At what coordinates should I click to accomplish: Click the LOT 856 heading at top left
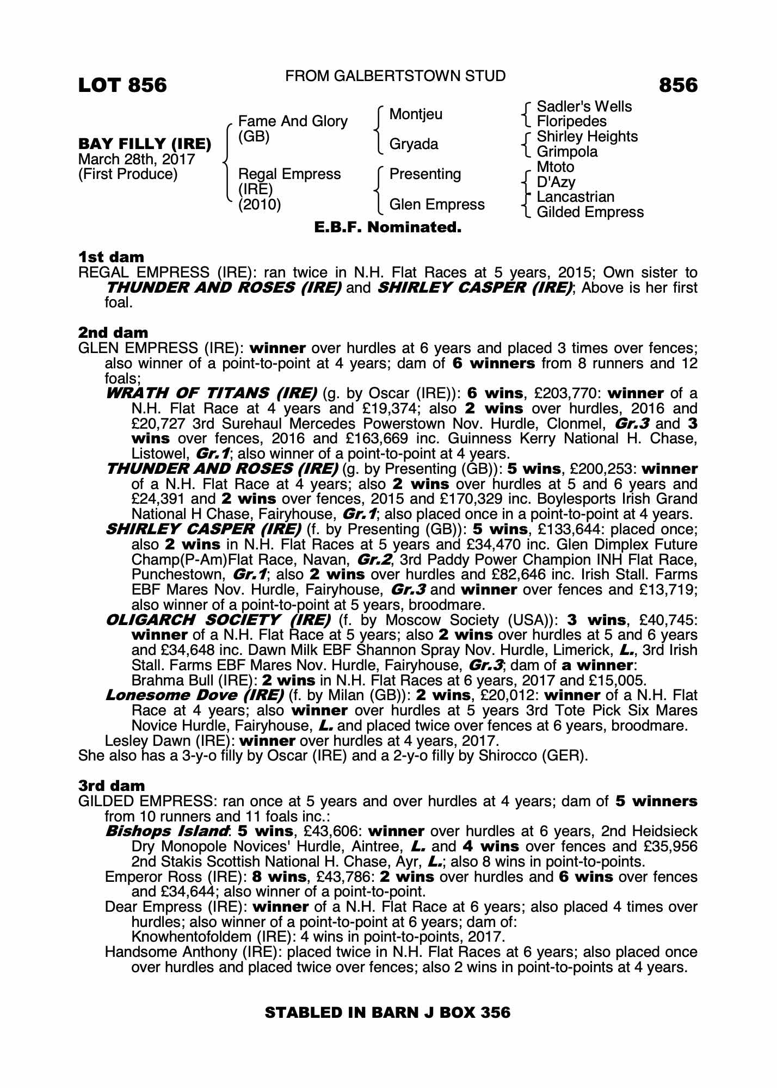(x=122, y=85)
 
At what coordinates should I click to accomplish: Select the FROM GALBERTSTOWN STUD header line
(x=396, y=76)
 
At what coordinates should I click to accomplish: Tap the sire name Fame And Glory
(x=293, y=121)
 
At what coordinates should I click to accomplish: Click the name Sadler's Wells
(x=584, y=107)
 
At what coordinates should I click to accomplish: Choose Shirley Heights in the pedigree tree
(x=587, y=137)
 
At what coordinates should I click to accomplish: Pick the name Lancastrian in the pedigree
(x=575, y=197)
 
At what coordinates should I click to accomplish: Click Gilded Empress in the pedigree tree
(x=590, y=212)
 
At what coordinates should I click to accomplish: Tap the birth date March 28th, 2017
(x=137, y=159)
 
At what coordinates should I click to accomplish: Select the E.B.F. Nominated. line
(x=388, y=227)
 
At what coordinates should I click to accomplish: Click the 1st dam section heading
(x=112, y=257)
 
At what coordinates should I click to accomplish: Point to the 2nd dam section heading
(x=113, y=332)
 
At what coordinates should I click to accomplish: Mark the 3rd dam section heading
(x=112, y=786)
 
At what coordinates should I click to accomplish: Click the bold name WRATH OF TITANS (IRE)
(x=211, y=393)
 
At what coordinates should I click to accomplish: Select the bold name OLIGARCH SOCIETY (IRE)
(x=218, y=620)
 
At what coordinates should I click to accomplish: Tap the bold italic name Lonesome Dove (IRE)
(x=195, y=695)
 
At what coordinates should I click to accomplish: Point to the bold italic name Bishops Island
(x=166, y=831)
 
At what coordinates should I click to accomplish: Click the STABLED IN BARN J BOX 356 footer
(x=387, y=1012)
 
